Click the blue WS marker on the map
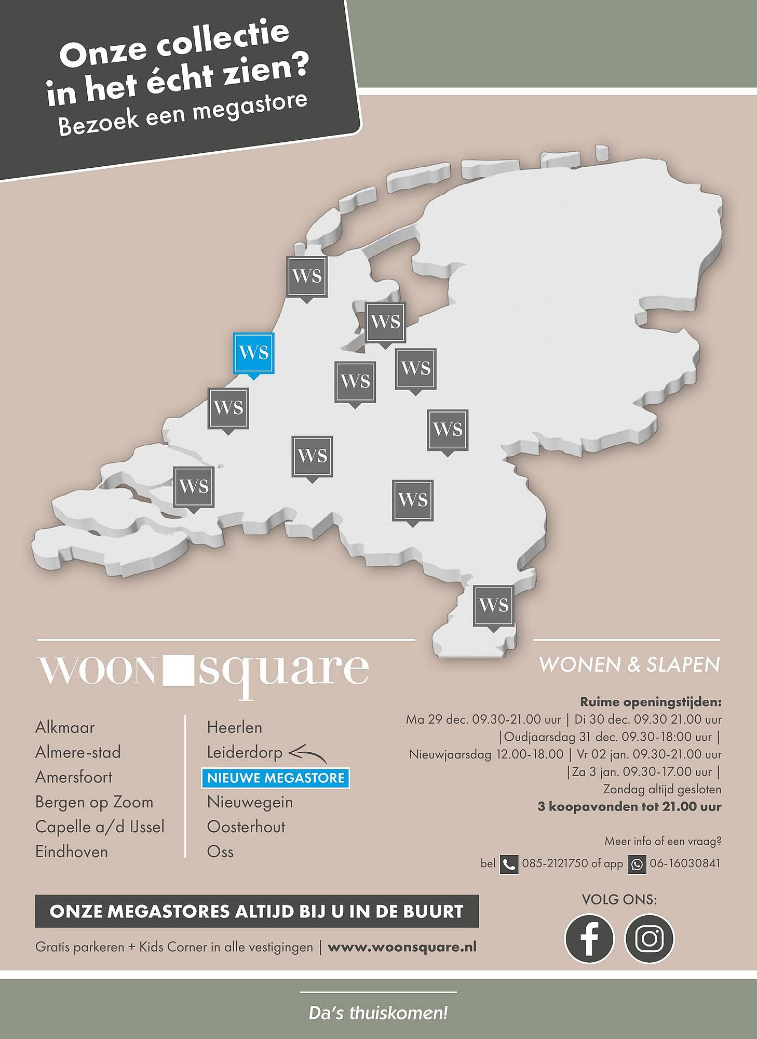(254, 353)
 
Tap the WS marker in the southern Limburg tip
(493, 605)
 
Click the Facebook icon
(589, 939)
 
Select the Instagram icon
(649, 939)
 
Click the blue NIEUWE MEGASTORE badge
(276, 778)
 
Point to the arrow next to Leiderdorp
(308, 754)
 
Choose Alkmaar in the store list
(65, 727)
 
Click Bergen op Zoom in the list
(94, 802)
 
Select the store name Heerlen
(234, 727)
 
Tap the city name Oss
(220, 852)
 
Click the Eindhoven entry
(72, 852)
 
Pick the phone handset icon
(509, 864)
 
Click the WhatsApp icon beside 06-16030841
(637, 864)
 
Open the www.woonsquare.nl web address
(402, 947)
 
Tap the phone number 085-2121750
(554, 863)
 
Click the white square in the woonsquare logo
(178, 670)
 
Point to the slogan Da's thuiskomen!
(378, 1013)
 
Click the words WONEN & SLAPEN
(629, 665)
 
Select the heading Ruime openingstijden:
(651, 702)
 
